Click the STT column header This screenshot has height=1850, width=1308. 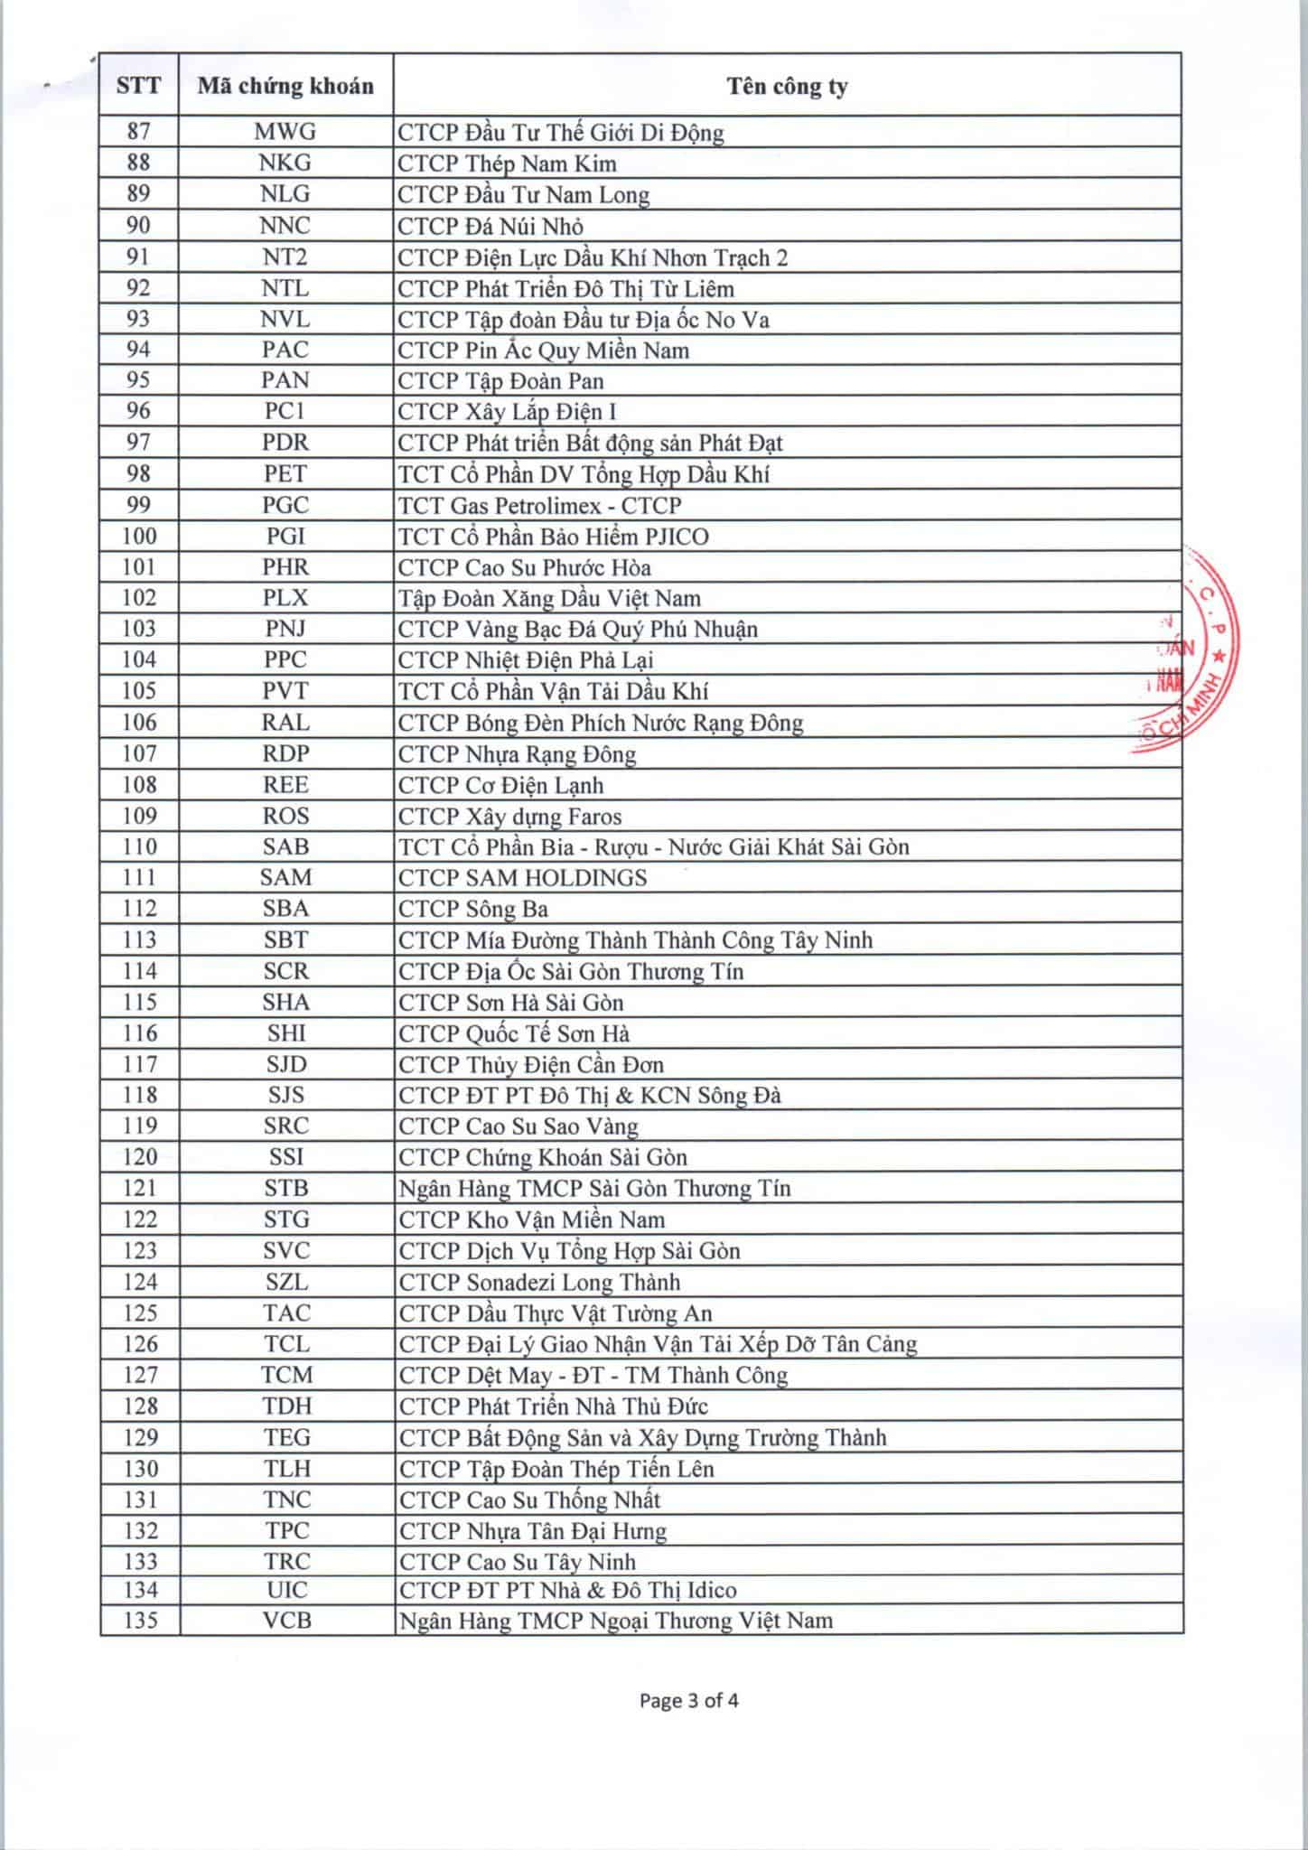click(138, 86)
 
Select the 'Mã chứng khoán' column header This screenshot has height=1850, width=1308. click(285, 86)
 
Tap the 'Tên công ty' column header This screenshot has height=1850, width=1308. click(787, 86)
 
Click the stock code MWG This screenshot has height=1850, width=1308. click(285, 133)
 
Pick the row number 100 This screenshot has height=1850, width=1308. click(138, 537)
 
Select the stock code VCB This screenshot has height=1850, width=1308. click(287, 1621)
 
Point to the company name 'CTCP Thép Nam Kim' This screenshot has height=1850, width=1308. click(508, 164)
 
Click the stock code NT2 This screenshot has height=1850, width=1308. click(285, 257)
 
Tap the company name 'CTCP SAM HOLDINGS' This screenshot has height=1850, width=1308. click(523, 878)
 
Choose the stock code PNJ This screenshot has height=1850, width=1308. click(285, 629)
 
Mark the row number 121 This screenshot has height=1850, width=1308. click(139, 1188)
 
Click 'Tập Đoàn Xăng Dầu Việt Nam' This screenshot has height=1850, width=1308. click(549, 598)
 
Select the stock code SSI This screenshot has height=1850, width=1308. click(286, 1157)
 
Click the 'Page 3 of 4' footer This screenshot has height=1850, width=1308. click(688, 1701)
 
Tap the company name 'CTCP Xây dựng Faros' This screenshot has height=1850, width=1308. click(510, 817)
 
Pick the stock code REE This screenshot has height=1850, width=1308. click(285, 785)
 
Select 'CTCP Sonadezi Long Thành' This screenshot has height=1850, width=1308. click(539, 1282)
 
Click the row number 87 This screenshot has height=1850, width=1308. click(138, 132)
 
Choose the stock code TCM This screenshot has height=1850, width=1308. click(287, 1375)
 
